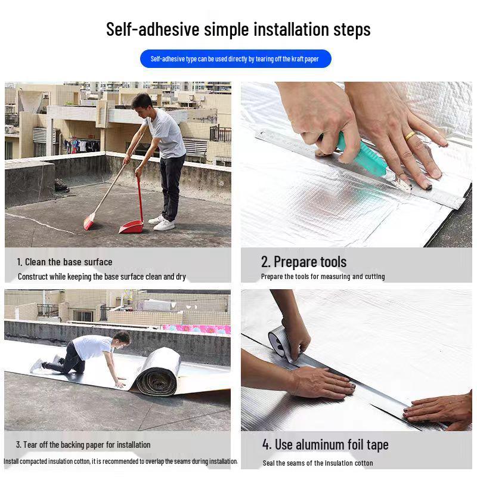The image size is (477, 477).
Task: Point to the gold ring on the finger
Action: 410,136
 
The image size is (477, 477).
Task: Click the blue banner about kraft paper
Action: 236,59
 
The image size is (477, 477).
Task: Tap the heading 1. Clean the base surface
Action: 64,262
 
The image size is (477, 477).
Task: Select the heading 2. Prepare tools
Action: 303,262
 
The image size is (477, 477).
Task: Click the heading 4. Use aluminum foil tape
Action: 325,444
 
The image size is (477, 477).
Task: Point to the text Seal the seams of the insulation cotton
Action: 318,463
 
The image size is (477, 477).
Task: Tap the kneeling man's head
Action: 121,339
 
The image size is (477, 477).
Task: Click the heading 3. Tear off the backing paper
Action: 83,445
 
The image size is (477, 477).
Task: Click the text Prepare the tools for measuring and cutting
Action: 323,277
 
